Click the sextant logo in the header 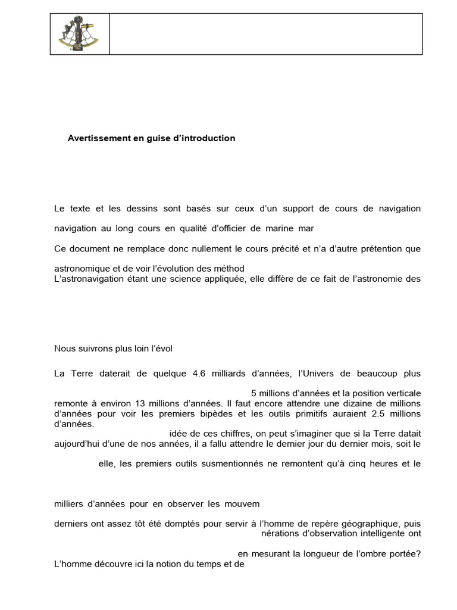[x=79, y=34]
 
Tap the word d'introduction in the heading [x=205, y=138]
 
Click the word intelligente [x=377, y=533]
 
